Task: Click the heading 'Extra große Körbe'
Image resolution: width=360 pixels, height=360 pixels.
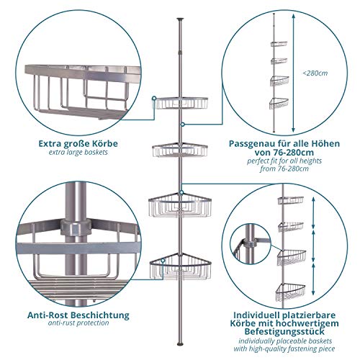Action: coord(78,143)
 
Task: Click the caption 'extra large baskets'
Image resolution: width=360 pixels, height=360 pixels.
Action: coord(78,152)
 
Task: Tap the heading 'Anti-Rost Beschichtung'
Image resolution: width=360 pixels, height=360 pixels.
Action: coord(78,315)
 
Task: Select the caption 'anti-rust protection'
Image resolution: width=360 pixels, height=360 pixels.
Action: coord(78,323)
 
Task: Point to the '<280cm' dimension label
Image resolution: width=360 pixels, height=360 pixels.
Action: coord(315,73)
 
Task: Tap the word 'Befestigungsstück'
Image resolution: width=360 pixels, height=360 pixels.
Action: coord(284,331)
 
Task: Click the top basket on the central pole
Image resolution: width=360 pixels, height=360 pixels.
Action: coord(181,103)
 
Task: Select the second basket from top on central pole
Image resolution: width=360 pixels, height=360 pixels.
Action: coord(180,150)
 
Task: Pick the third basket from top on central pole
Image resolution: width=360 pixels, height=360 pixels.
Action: coord(180,205)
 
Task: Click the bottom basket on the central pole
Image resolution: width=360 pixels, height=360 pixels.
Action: coord(180,266)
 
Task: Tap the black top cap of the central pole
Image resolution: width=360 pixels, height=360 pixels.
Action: coord(180,19)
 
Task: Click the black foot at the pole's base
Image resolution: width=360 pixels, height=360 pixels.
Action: coord(180,343)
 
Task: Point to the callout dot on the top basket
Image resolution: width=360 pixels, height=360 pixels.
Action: coord(154,98)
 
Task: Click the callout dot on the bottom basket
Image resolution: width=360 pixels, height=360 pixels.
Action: coord(163,261)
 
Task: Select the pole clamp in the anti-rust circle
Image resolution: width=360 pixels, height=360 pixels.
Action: coord(76,227)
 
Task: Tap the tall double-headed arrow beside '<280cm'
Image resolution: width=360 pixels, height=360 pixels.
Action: coord(293,73)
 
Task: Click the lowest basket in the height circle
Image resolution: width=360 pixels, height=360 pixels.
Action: coord(279,104)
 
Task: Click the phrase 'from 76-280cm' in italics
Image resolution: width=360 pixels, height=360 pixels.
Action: coord(284,168)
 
